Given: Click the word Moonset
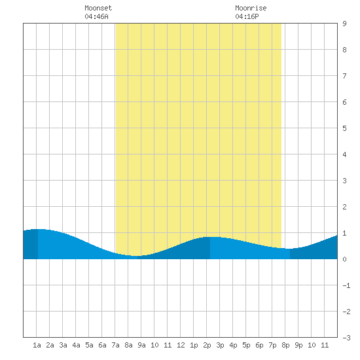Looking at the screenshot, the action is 98,8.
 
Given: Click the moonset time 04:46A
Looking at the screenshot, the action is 96,16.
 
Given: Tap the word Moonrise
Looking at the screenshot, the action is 251,8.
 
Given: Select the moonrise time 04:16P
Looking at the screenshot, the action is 247,16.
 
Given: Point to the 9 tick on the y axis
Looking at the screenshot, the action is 344,24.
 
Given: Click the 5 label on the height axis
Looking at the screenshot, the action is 344,128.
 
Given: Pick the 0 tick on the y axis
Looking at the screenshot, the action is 344,259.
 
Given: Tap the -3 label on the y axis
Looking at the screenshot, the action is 346,338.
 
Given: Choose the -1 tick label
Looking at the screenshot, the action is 346,285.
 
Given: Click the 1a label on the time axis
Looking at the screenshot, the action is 37,345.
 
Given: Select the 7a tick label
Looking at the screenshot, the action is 115,345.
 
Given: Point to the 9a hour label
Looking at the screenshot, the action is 141,345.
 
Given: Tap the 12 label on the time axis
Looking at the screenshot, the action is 181,345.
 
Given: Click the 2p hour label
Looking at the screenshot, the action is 207,345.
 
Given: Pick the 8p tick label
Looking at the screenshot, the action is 285,345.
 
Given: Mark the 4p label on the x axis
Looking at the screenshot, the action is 233,345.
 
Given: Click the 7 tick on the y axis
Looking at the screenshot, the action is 344,76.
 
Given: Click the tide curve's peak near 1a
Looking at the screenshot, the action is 37,229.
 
